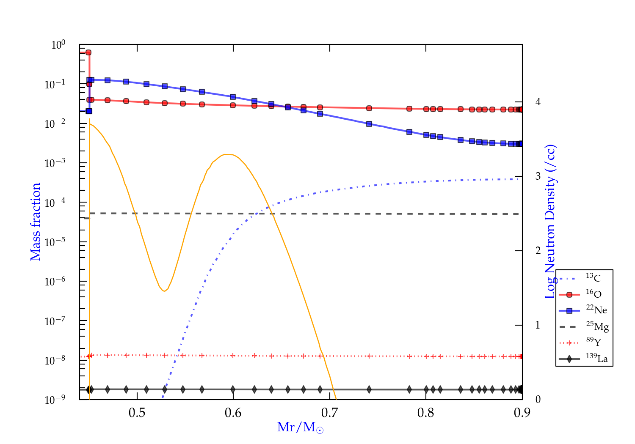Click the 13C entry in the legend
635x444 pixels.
pyautogui.click(x=594, y=278)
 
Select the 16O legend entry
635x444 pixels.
pyautogui.click(x=594, y=294)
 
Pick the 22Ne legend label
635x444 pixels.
pyautogui.click(x=596, y=310)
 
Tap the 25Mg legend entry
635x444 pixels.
pyautogui.click(x=597, y=326)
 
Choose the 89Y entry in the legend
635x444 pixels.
pyautogui.click(x=594, y=342)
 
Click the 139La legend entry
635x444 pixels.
pyautogui.click(x=596, y=359)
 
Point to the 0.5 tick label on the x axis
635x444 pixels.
pyautogui.click(x=137, y=413)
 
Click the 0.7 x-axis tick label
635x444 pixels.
pyautogui.click(x=329, y=413)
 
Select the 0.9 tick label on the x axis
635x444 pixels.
pyautogui.click(x=522, y=413)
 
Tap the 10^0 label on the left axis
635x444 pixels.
pyautogui.click(x=58, y=45)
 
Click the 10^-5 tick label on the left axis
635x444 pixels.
pyautogui.click(x=55, y=242)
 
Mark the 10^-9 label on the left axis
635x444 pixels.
pyautogui.click(x=55, y=400)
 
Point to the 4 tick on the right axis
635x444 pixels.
pyautogui.click(x=538, y=102)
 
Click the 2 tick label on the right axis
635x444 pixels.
pyautogui.click(x=538, y=251)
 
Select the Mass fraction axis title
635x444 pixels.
pyautogui.click(x=36, y=222)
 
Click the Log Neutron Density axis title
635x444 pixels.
pyautogui.click(x=550, y=222)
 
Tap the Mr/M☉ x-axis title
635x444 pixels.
pyautogui.click(x=301, y=428)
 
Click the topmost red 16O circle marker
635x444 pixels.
pyautogui.click(x=88, y=52)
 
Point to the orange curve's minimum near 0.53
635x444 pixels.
pyautogui.click(x=164, y=291)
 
